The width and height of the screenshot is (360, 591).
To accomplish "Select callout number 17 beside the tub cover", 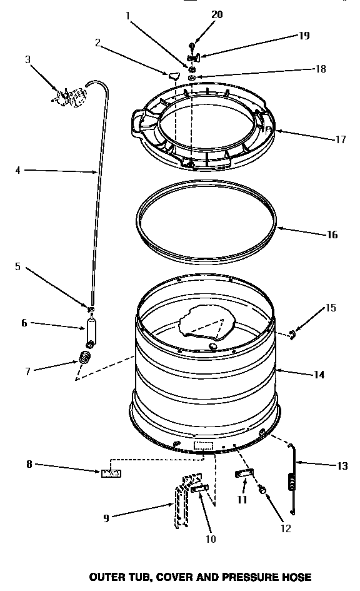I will [341, 139].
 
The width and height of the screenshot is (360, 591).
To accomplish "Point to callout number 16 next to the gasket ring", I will [332, 235].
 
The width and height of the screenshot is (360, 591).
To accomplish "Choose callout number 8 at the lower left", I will [29, 464].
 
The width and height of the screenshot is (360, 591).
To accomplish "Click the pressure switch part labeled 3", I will [71, 98].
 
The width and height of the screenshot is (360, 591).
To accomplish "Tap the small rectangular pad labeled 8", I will [111, 473].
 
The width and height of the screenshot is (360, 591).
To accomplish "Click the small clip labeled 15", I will [292, 336].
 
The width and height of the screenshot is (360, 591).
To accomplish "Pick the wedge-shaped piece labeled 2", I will [173, 76].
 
